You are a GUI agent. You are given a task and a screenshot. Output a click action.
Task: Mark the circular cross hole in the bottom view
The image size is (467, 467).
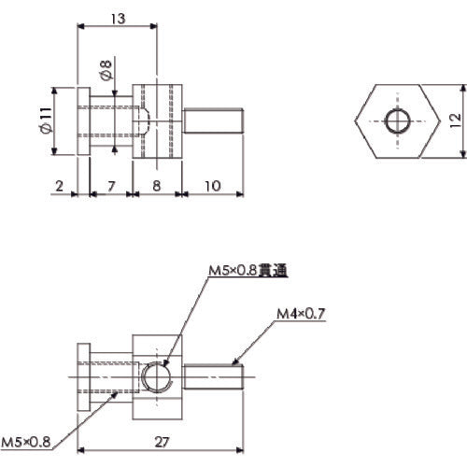click(155, 378)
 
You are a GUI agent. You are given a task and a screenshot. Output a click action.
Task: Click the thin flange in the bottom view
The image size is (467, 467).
click(80, 378)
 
